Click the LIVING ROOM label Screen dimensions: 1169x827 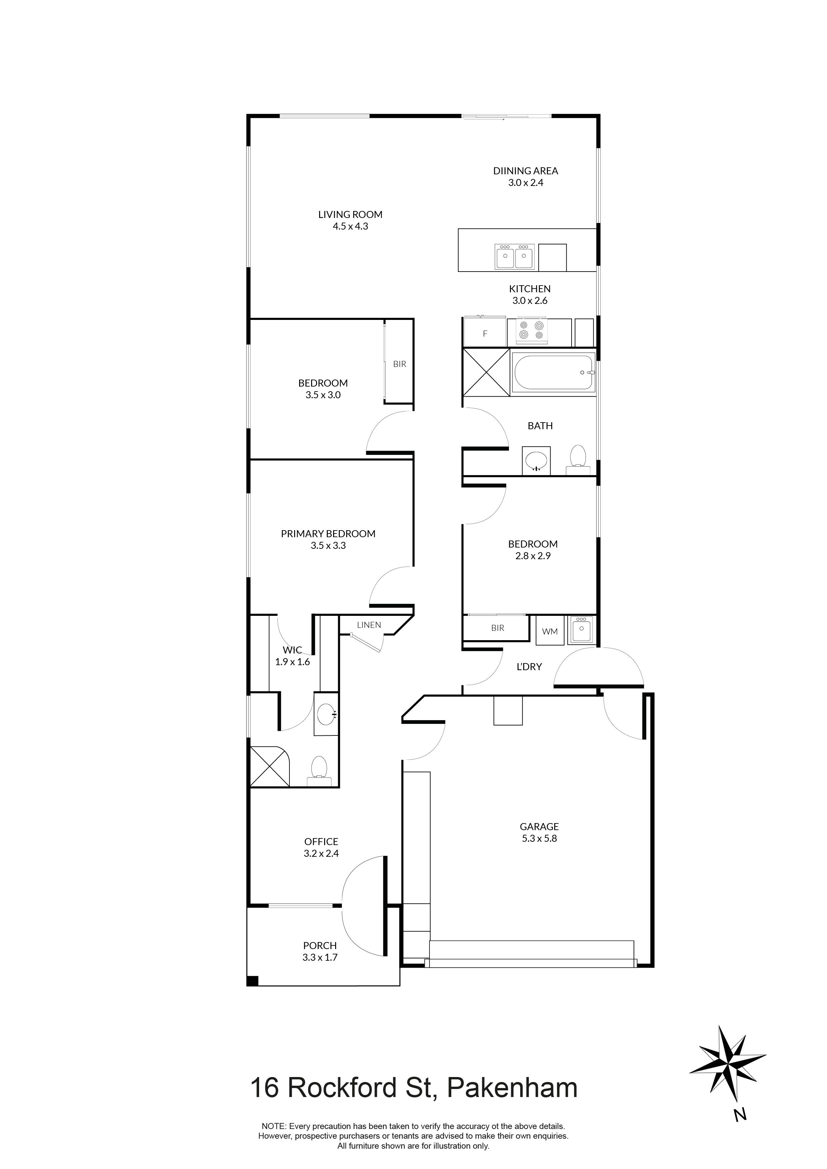350,214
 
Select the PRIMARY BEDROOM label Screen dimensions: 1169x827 328,534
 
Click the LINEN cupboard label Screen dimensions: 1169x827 368,625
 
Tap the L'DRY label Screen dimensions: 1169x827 529,666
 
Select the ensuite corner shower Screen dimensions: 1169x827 268,767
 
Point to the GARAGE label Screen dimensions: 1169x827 539,827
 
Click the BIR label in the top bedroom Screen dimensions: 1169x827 399,364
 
